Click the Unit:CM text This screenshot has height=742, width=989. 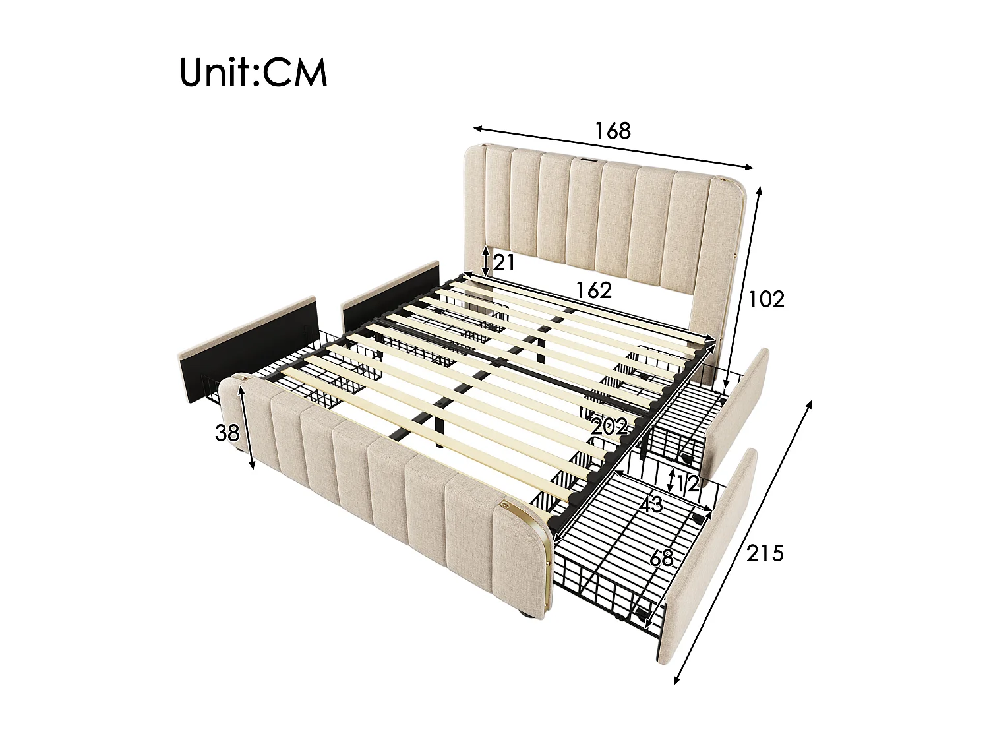[253, 73]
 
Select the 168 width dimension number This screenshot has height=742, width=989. [613, 131]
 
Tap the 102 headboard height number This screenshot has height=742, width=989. [766, 299]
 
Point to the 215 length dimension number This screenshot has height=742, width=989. [765, 553]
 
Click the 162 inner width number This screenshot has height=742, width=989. [594, 290]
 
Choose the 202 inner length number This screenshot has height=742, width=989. [609, 426]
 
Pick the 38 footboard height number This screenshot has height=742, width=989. [227, 433]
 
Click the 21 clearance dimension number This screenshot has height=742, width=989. [502, 263]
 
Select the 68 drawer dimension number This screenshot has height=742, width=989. [661, 558]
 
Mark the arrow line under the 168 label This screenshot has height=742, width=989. [613, 146]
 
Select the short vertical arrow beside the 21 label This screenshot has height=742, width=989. [486, 262]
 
